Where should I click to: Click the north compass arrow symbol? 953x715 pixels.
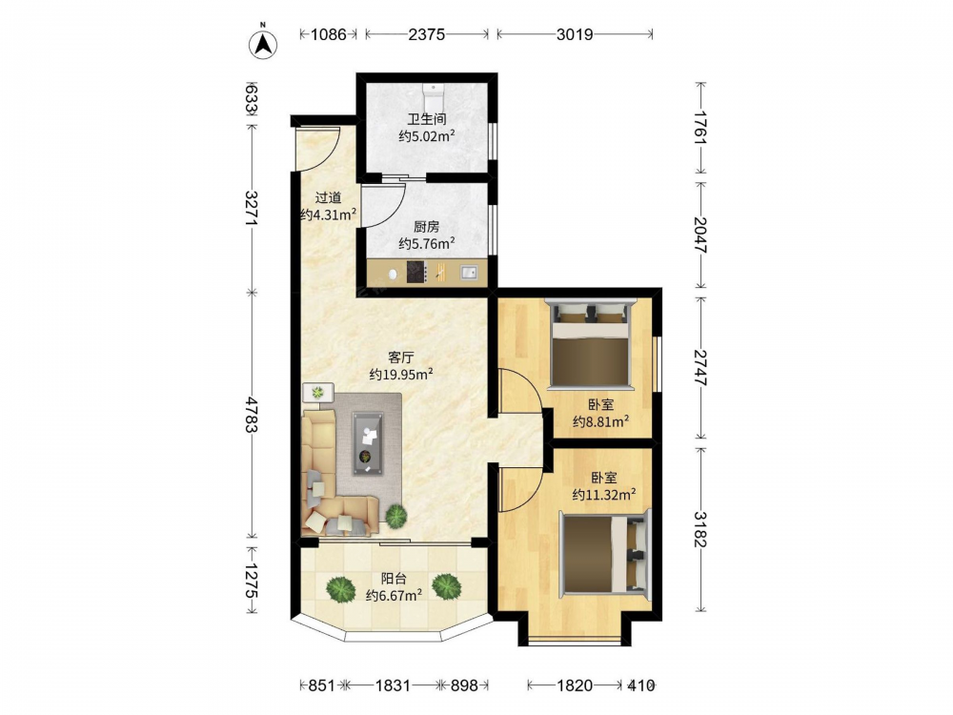pos(264,44)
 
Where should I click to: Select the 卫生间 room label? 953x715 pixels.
pos(427,119)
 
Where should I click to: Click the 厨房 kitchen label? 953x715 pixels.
pos(427,227)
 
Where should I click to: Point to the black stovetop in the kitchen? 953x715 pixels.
pos(416,272)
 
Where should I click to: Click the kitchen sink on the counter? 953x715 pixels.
pos(469,272)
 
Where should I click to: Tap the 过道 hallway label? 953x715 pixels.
pos(328,197)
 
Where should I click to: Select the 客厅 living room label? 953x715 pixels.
pos(401,357)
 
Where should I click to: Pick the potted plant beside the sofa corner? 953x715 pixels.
pos(396,516)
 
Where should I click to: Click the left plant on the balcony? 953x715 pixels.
pos(340,588)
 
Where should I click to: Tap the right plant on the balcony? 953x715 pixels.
pos(447,586)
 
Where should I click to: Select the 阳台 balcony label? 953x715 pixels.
pos(394,579)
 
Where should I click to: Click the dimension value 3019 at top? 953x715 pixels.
pos(575,34)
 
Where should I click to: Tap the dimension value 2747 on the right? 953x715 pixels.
pos(700,368)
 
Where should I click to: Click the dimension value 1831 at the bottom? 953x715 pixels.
pos(393,685)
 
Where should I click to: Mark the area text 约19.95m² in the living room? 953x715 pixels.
pos(401,374)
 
